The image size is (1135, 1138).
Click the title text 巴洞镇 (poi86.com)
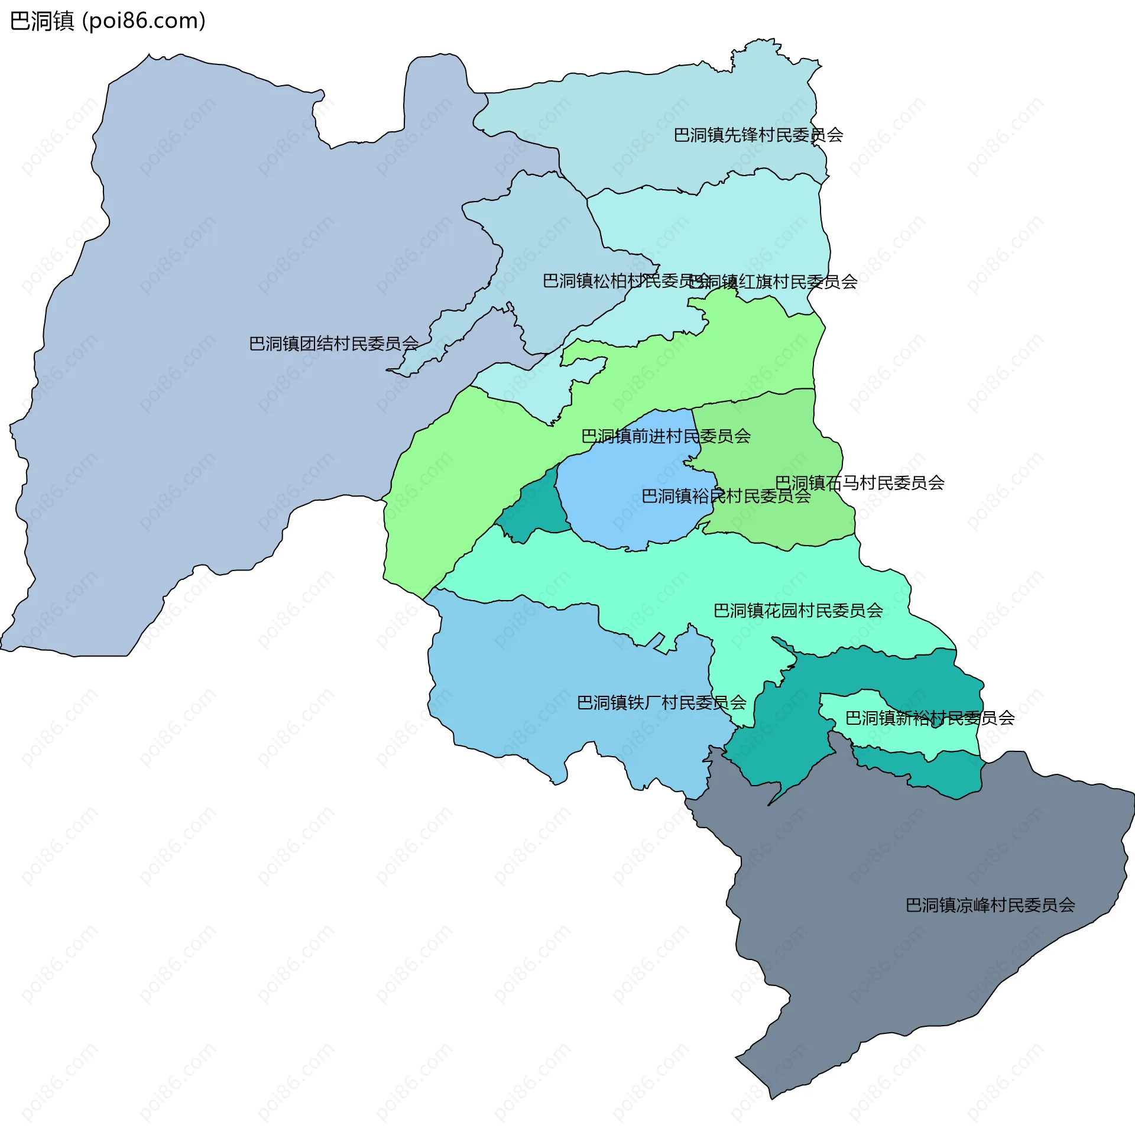tap(108, 21)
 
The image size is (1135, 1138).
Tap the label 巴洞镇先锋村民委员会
tap(758, 135)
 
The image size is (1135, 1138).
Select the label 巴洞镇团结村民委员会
tap(333, 343)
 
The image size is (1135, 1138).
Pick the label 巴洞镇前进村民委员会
tap(666, 436)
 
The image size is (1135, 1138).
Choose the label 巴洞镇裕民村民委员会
tap(726, 496)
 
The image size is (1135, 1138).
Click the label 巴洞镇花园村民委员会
tap(798, 611)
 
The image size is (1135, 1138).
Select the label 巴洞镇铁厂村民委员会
tap(661, 703)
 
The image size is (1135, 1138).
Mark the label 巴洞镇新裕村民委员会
tap(929, 718)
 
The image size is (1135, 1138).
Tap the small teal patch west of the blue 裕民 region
tap(532, 508)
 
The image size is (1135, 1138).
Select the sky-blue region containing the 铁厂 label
tap(532, 680)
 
